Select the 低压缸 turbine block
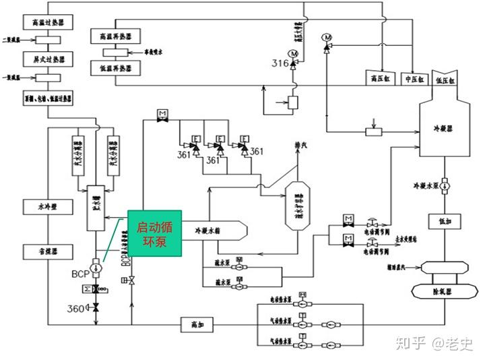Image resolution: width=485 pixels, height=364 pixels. (x=446, y=78)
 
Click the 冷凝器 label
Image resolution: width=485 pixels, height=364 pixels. (x=445, y=126)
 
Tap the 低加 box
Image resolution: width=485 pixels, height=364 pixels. (x=445, y=221)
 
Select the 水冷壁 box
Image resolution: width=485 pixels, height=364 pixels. (x=46, y=206)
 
